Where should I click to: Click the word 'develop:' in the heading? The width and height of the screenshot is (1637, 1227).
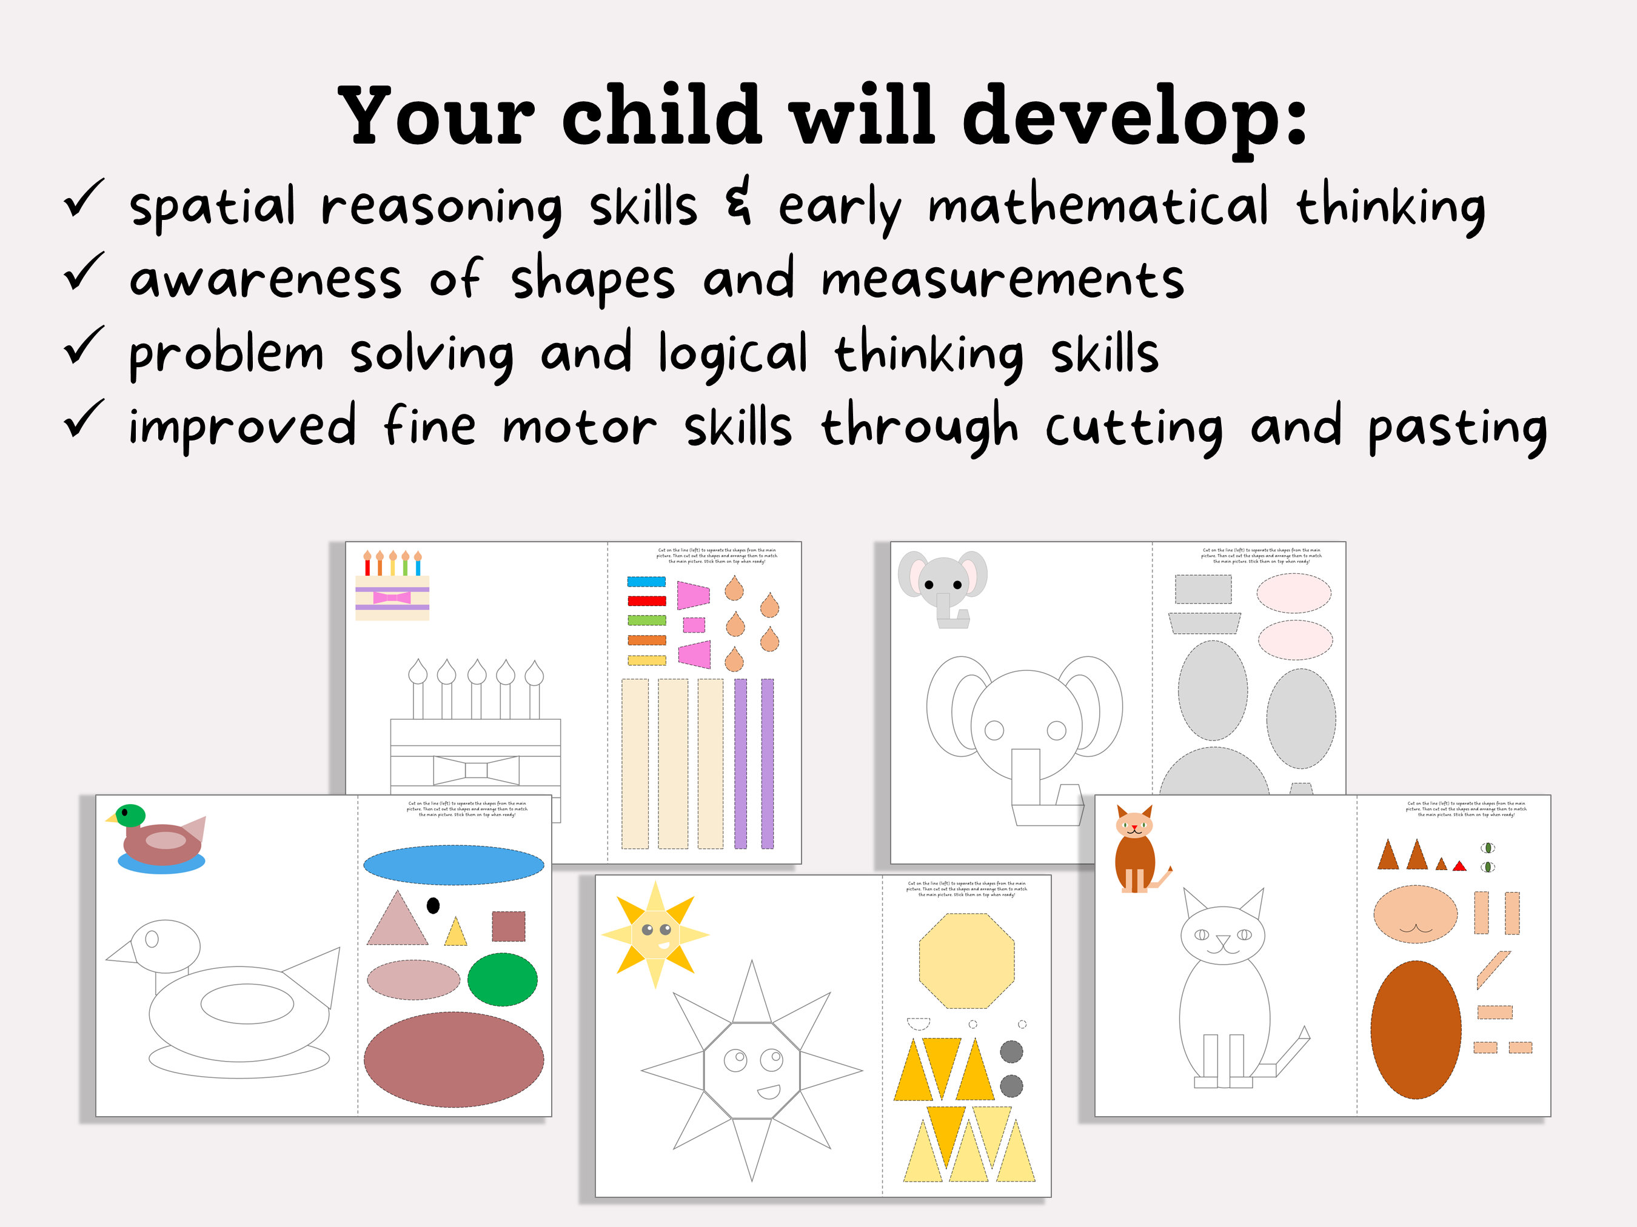1134,118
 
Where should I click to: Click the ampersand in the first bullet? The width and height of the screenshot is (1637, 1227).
738,201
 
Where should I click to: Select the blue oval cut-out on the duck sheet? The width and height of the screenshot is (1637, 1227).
453,865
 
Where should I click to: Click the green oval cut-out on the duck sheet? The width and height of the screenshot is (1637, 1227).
503,979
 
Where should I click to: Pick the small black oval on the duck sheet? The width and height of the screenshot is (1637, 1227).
434,905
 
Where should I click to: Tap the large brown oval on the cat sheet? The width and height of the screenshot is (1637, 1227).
1416,1029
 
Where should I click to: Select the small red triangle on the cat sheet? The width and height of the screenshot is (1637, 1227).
1459,866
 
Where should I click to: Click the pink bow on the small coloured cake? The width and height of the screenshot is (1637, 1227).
392,597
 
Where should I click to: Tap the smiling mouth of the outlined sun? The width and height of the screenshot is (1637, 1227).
769,1091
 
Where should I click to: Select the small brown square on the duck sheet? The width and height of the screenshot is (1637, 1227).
509,926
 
